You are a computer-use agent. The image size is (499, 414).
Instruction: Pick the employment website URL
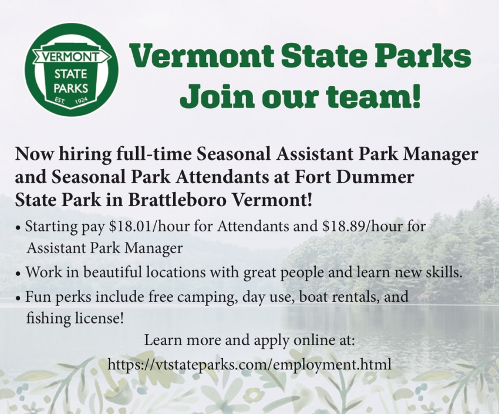coord(249,364)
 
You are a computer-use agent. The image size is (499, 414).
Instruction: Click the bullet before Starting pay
coord(19,228)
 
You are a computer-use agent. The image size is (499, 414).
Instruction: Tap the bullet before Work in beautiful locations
coord(19,274)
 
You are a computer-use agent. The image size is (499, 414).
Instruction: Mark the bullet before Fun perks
coord(19,298)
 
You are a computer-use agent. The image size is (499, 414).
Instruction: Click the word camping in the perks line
coord(206,297)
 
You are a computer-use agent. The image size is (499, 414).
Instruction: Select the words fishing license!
coord(75,319)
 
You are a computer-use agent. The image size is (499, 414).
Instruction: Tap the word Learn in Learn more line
coord(161,341)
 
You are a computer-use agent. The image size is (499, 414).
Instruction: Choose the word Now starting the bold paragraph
coord(32,154)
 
